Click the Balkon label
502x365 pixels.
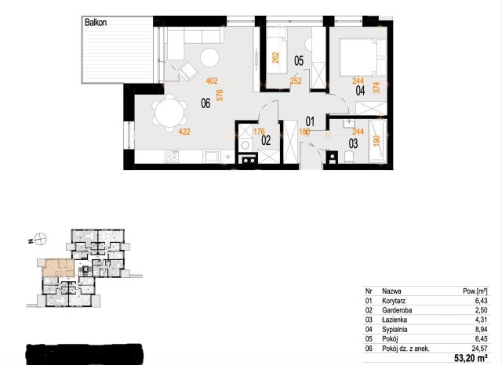[x=96, y=23]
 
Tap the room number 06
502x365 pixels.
[x=206, y=103]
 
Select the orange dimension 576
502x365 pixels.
[x=220, y=96]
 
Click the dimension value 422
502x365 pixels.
[x=184, y=132]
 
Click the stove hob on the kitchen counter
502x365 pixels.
[x=172, y=157]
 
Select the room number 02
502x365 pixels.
[x=266, y=140]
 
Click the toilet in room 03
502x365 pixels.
[x=349, y=157]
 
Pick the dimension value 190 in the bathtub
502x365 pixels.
[x=376, y=141]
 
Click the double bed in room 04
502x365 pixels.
[x=362, y=57]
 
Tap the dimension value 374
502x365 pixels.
[x=376, y=88]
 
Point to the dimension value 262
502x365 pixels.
[x=275, y=57]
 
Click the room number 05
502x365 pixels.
[x=299, y=60]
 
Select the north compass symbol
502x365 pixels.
[x=41, y=239]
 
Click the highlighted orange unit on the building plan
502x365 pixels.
[x=59, y=268]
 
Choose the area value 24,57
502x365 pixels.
[x=481, y=349]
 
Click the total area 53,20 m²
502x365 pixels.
[x=471, y=357]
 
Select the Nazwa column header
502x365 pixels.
[x=391, y=291]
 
